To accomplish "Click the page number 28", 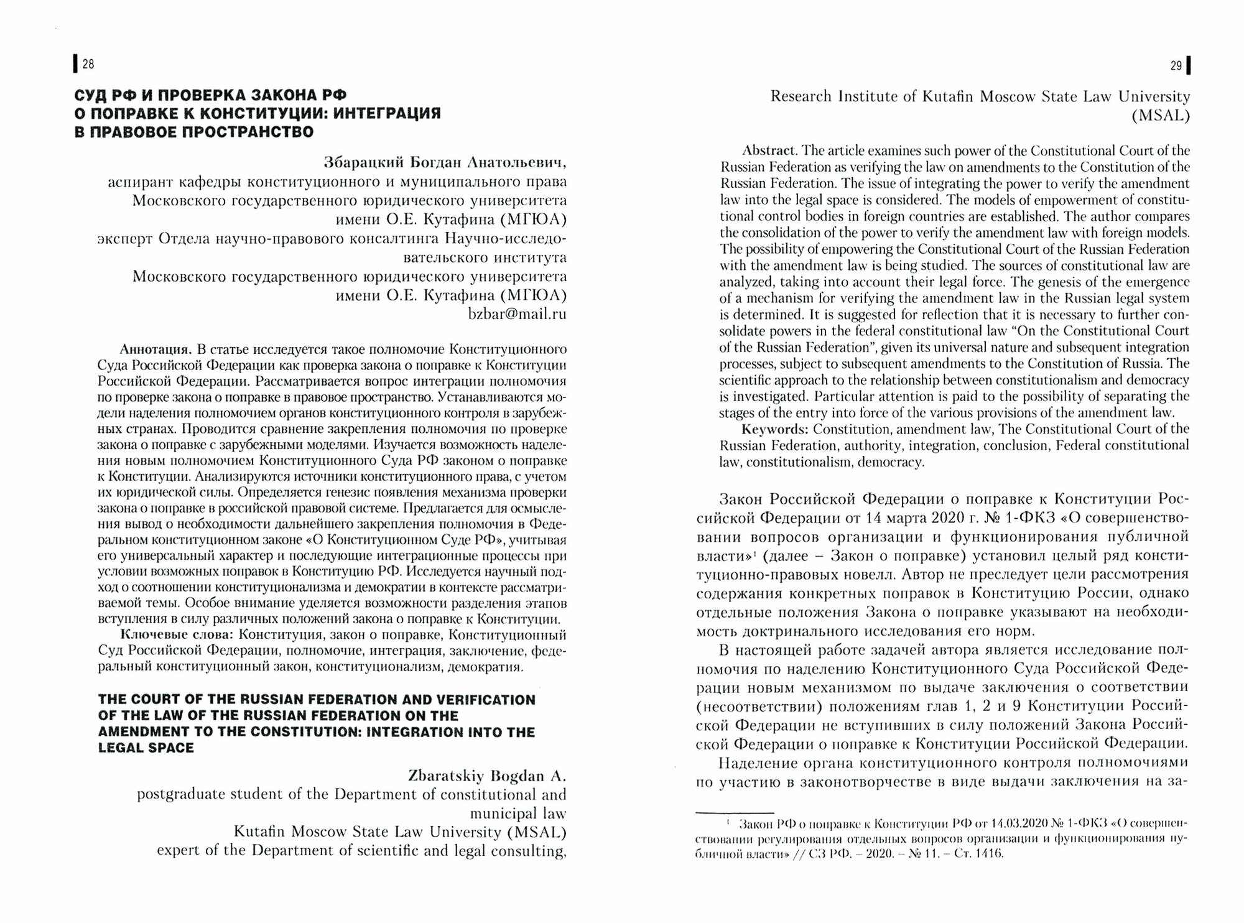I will [x=88, y=63].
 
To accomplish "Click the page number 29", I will [x=1176, y=65].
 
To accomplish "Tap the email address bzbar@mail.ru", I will [x=517, y=313].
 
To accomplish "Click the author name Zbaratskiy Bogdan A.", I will [x=486, y=776].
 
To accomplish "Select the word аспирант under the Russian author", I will [x=137, y=182].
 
